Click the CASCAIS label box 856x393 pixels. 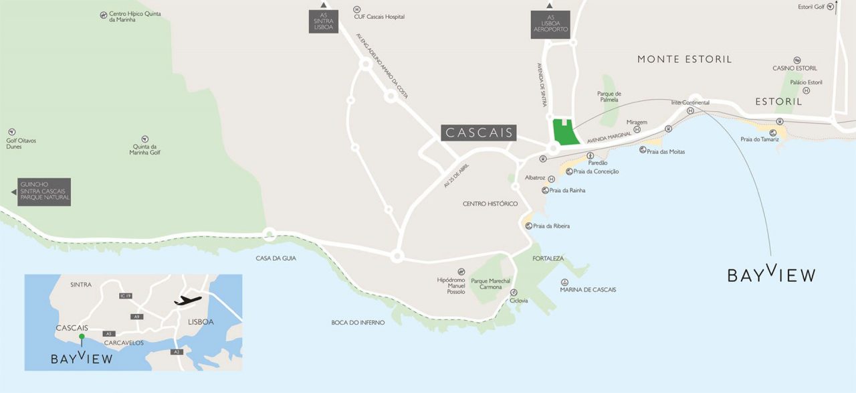click(479, 133)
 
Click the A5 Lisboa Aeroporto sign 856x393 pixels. click(550, 25)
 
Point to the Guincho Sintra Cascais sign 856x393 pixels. click(44, 192)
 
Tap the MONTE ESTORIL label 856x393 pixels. click(684, 59)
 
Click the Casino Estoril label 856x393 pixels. click(794, 68)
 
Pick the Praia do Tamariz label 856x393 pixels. click(760, 139)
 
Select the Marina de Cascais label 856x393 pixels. click(588, 289)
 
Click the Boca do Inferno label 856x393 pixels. click(358, 323)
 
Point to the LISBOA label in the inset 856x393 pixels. click(201, 322)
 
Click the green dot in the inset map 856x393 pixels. click(82, 336)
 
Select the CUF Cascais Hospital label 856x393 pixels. click(379, 17)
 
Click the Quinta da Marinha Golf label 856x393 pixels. click(145, 149)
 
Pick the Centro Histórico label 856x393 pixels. click(490, 204)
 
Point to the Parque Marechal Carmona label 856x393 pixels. click(491, 284)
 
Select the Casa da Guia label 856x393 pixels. click(276, 258)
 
